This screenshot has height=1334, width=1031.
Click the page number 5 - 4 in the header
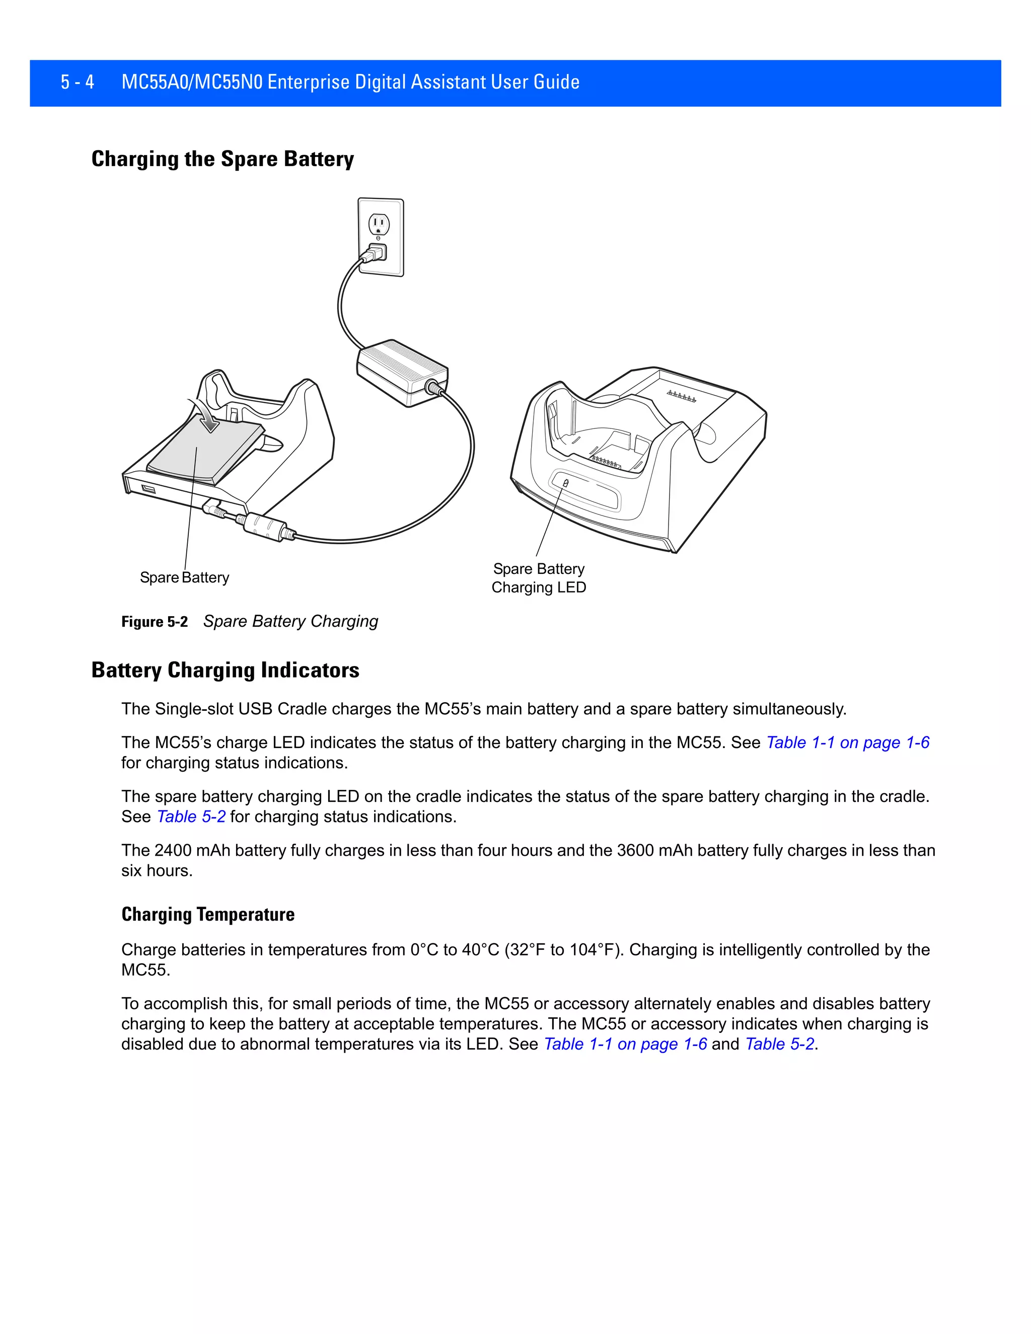77,82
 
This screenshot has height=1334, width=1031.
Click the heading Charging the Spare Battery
223,159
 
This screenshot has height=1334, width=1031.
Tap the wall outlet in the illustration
381,237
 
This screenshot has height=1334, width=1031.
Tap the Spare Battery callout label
184,577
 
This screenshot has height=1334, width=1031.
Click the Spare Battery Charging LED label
539,578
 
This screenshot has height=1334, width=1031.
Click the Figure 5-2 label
155,622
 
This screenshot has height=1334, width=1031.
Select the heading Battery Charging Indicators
225,670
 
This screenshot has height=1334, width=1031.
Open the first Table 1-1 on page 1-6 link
848,742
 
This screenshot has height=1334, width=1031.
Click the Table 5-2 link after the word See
191,817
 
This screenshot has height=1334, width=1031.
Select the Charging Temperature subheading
208,914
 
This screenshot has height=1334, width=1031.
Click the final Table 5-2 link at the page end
780,1044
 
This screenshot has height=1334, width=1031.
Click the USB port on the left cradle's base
149,489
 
